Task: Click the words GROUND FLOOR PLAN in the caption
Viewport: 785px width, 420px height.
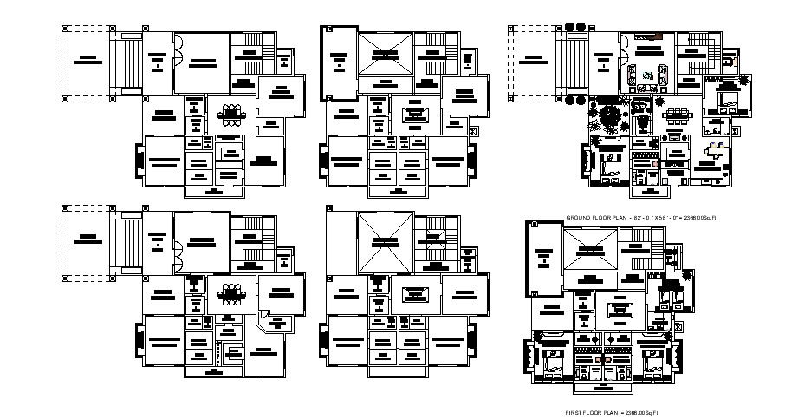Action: tap(593, 215)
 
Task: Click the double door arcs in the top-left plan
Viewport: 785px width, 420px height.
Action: tap(178, 52)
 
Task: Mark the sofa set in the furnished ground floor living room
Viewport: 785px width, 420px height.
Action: tap(649, 75)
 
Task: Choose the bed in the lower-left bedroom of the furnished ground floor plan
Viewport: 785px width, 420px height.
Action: tap(608, 161)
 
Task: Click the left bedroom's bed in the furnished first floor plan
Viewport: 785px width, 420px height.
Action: tap(553, 358)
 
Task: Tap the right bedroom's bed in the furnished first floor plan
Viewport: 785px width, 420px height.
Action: tap(652, 358)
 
